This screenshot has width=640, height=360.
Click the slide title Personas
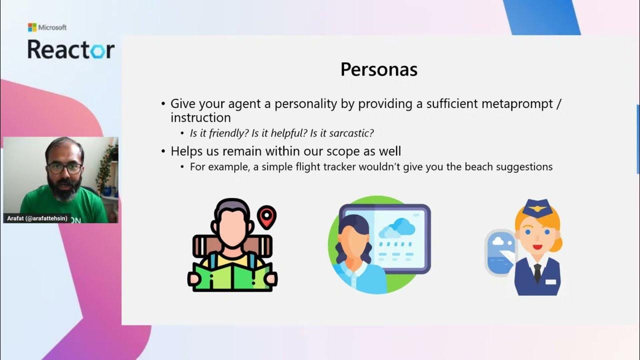pyautogui.click(x=378, y=69)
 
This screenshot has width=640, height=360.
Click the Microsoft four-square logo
pyautogui.click(x=32, y=27)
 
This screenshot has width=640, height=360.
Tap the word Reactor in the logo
pyautogui.click(x=70, y=49)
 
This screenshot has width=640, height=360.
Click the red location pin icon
pyautogui.click(x=266, y=217)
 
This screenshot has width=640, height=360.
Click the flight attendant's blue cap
pyautogui.click(x=537, y=208)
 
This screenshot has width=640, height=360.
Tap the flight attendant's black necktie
pyautogui.click(x=537, y=272)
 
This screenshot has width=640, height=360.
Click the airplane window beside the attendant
pyautogui.click(x=500, y=252)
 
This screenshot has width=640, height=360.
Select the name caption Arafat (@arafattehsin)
pyautogui.click(x=36, y=218)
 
